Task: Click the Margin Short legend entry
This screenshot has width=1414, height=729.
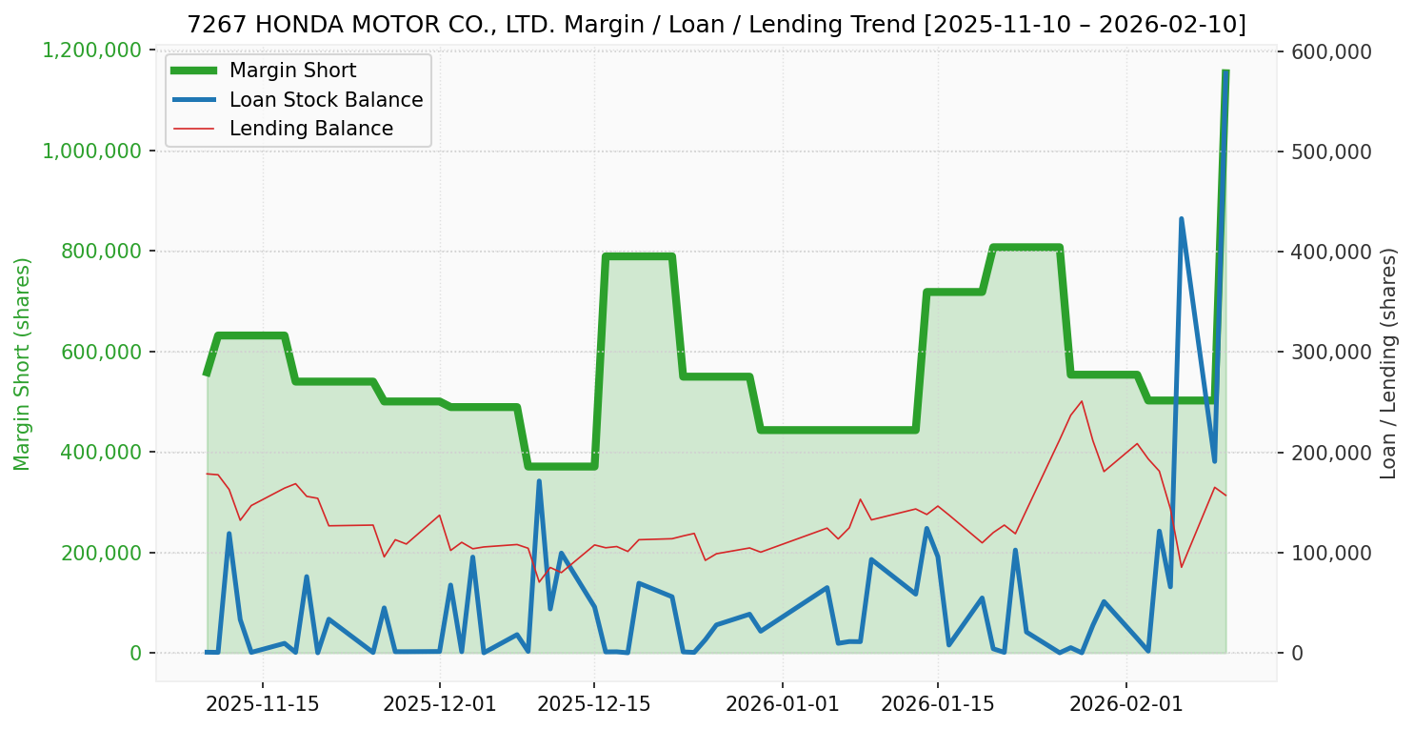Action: click(x=292, y=71)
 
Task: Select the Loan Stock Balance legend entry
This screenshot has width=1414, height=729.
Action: click(x=326, y=100)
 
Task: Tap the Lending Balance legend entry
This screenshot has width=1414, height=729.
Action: click(x=310, y=129)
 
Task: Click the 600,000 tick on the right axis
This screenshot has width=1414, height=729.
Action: click(x=1330, y=51)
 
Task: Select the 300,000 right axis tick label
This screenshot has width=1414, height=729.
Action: click(x=1330, y=353)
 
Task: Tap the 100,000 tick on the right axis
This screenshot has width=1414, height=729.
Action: click(x=1330, y=554)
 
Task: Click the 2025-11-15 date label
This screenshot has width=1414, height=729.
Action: click(x=262, y=704)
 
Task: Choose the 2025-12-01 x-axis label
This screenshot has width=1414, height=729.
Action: click(x=439, y=704)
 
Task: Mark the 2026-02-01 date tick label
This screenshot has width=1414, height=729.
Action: click(x=1125, y=704)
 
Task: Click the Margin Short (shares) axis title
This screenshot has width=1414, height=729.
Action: click(x=23, y=363)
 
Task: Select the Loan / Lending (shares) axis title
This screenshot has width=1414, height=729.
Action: click(x=1389, y=363)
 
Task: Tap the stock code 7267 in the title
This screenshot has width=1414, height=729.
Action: click(x=208, y=24)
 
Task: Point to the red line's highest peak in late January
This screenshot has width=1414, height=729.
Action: click(x=1082, y=401)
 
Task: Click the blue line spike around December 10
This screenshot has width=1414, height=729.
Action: click(x=539, y=481)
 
